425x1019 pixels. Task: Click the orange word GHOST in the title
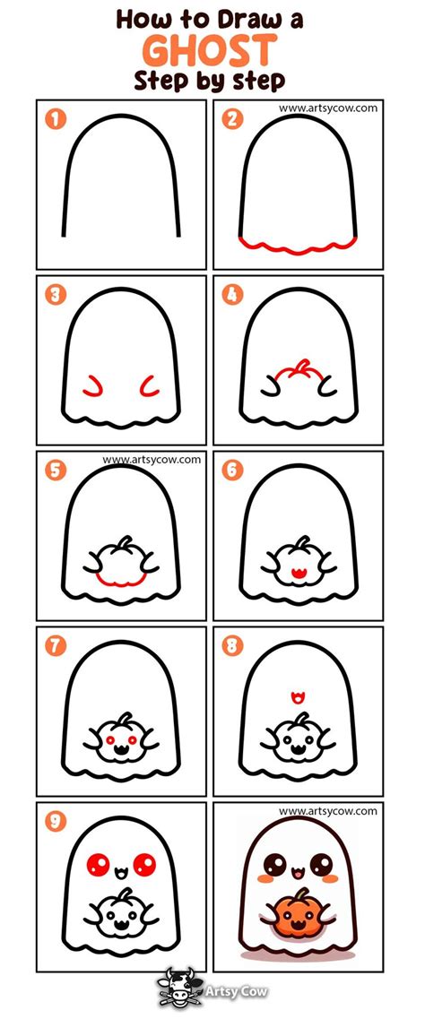[212, 49]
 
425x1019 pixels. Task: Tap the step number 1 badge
[56, 120]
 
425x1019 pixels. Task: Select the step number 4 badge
[233, 294]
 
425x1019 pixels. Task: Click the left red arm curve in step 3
[91, 386]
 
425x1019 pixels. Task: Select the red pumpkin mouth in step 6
[299, 571]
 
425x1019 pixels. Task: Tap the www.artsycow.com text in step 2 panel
[327, 108]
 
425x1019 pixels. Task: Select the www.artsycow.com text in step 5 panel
[152, 460]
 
